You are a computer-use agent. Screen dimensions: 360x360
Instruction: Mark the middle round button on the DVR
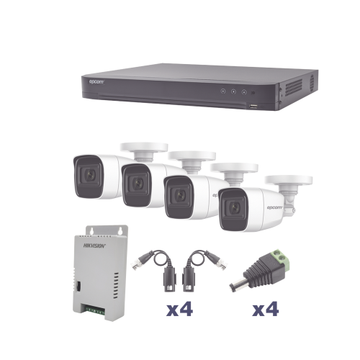coord(232,92)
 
